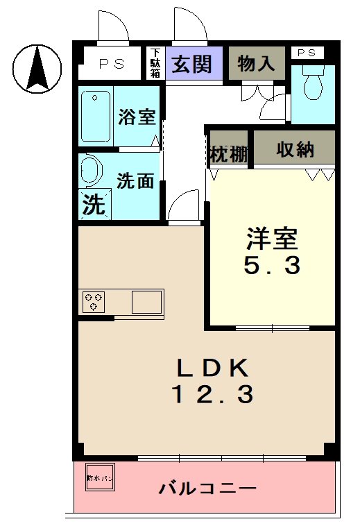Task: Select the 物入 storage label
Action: click(257, 65)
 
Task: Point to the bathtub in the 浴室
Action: click(95, 116)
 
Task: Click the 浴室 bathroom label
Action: click(137, 117)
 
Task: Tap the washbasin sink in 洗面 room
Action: click(90, 170)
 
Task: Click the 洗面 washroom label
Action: click(135, 181)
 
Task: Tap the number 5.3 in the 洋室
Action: click(272, 264)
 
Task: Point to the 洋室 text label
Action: click(272, 238)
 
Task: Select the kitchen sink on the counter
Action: click(146, 301)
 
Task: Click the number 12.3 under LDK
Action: click(212, 395)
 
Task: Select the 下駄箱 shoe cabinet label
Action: click(155, 64)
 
